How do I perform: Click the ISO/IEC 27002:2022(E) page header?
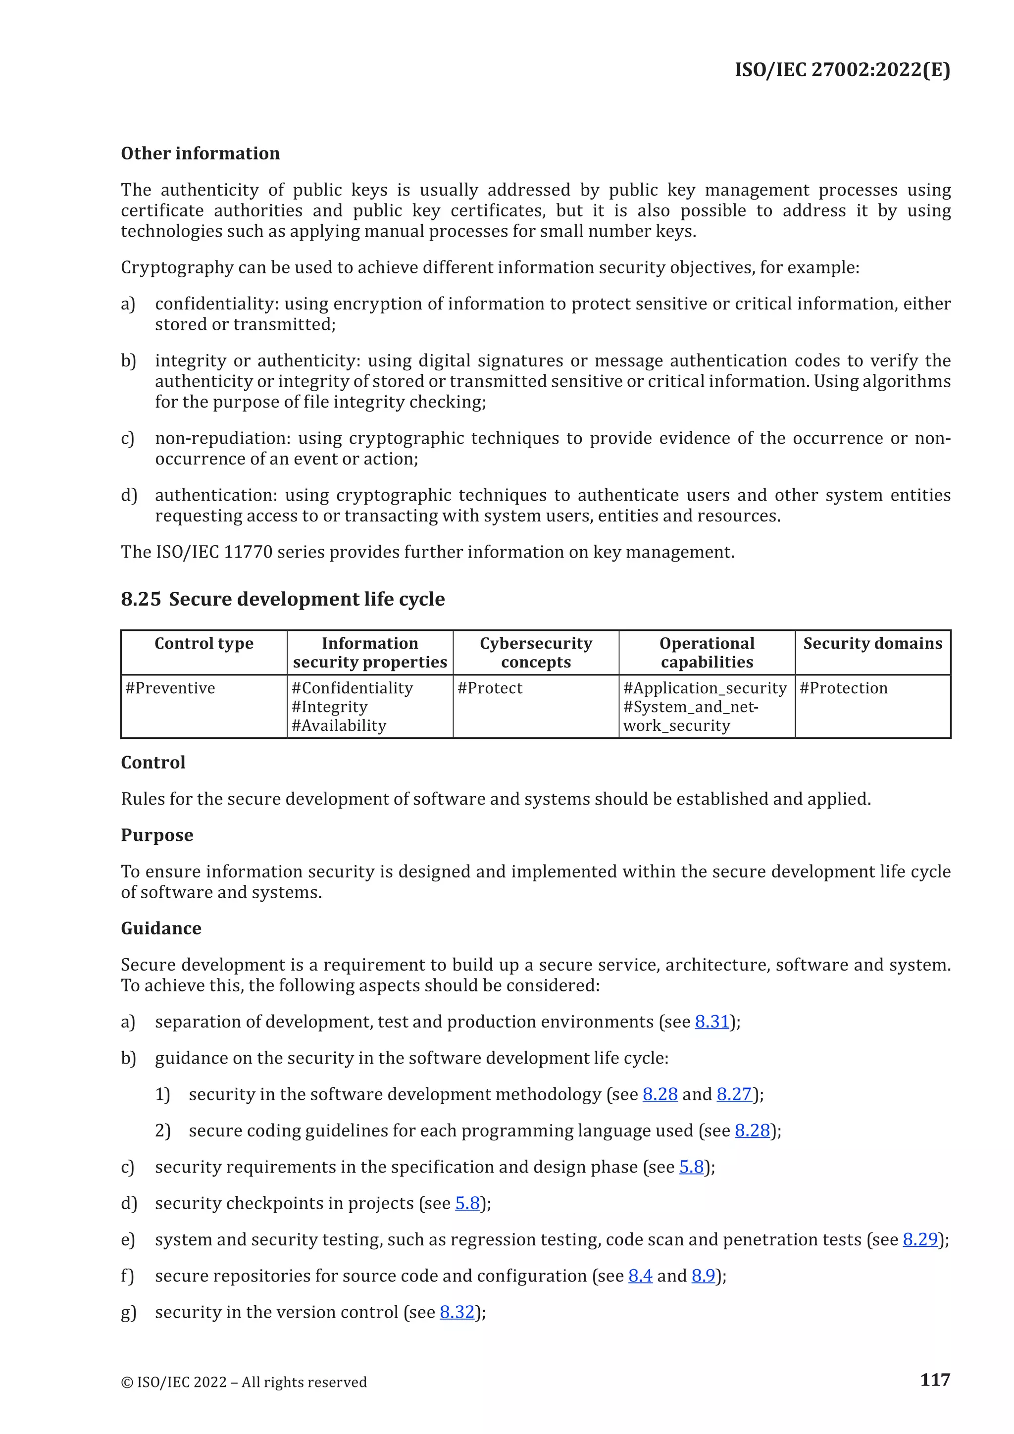tap(842, 69)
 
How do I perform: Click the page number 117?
tap(935, 1379)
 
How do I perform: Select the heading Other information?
tap(200, 154)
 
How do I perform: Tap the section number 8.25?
tap(141, 599)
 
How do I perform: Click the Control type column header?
tap(203, 643)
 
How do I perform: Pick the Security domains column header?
tap(872, 643)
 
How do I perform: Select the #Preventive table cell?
tap(170, 688)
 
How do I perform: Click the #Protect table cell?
tap(490, 688)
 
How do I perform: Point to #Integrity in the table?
tap(329, 707)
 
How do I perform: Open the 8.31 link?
tap(712, 1022)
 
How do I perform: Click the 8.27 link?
tap(734, 1094)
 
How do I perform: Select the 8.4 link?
tap(640, 1276)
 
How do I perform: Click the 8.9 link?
tap(703, 1276)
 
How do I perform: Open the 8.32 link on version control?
tap(457, 1312)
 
